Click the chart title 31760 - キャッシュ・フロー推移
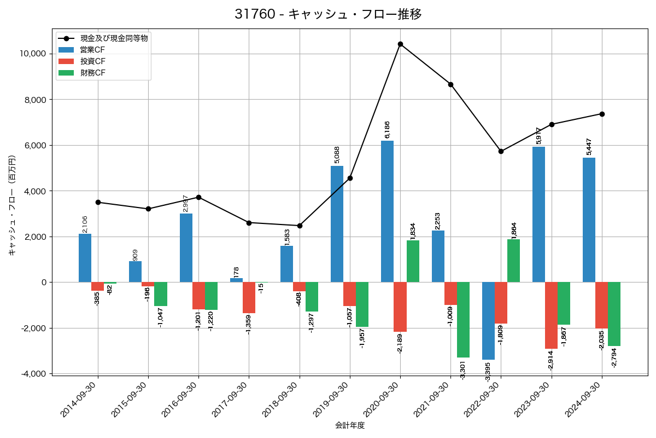(x=328, y=14)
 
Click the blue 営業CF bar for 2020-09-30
(x=387, y=211)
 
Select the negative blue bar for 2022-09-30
(x=488, y=321)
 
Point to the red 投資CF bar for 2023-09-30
(x=551, y=315)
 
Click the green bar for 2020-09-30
(x=413, y=261)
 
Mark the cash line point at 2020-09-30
(x=400, y=44)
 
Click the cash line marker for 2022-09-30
(x=501, y=151)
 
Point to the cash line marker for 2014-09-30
(x=98, y=202)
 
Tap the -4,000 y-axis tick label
(x=33, y=374)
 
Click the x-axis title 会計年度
(x=350, y=425)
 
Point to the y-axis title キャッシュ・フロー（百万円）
(x=12, y=205)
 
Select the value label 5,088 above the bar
(x=337, y=155)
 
